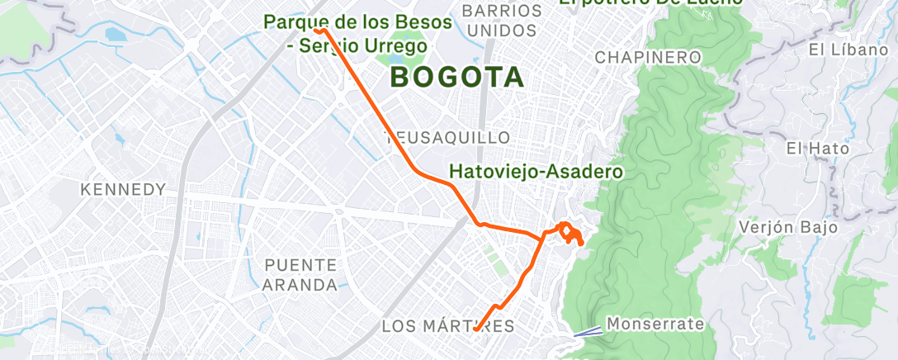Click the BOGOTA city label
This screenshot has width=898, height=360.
point(456,78)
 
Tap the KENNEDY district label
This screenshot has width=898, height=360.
point(123,190)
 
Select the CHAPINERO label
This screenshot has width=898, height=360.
point(648,57)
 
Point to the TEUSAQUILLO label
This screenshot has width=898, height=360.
point(449,137)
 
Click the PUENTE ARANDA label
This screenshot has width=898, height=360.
point(300,275)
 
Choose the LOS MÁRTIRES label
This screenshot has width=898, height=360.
point(448,326)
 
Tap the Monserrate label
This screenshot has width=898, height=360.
point(655,324)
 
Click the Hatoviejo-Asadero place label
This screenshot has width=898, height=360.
point(535,173)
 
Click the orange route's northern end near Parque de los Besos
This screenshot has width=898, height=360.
point(318,30)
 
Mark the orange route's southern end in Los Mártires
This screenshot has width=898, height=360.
point(476,330)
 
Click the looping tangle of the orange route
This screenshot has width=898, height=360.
point(570,233)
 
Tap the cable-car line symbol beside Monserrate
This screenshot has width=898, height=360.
point(588,332)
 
